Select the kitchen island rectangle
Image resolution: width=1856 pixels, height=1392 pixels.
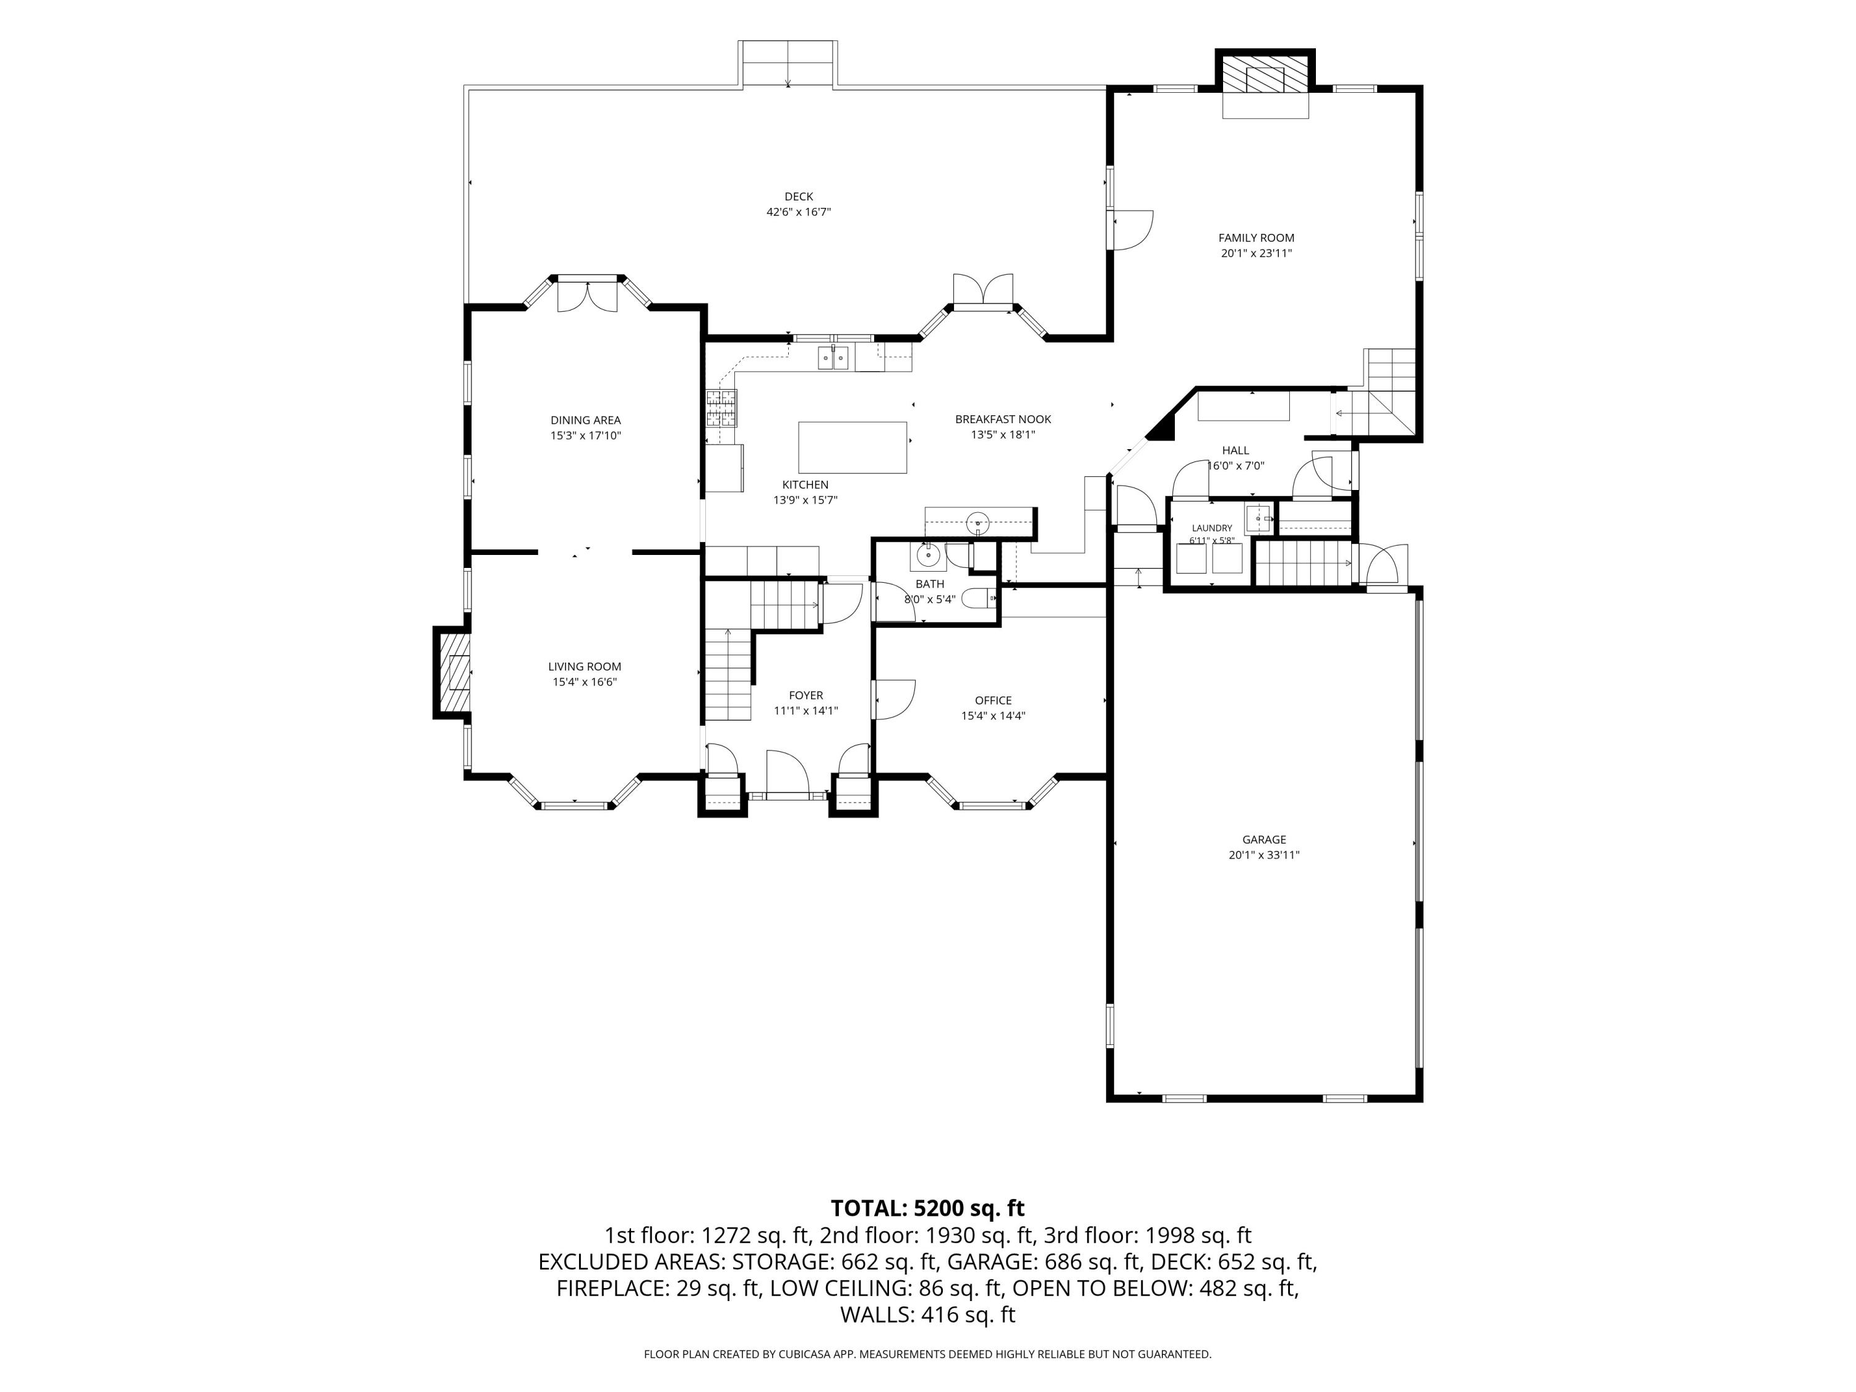coord(853,448)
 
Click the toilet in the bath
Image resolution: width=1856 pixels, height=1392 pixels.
coord(978,599)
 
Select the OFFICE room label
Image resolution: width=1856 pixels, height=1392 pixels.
coord(994,700)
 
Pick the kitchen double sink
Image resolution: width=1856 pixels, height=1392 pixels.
coord(834,359)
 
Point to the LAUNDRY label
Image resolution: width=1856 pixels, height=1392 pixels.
coord(1211,528)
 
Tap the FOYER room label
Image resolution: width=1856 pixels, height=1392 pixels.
coord(806,695)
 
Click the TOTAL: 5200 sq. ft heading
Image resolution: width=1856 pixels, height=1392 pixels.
coord(927,1208)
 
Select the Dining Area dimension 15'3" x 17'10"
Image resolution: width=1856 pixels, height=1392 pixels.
coord(586,436)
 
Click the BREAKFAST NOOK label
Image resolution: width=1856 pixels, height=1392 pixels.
coord(1003,419)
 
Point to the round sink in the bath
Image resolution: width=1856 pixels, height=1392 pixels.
coord(927,556)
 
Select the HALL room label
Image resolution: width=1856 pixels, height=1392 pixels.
coord(1235,450)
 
